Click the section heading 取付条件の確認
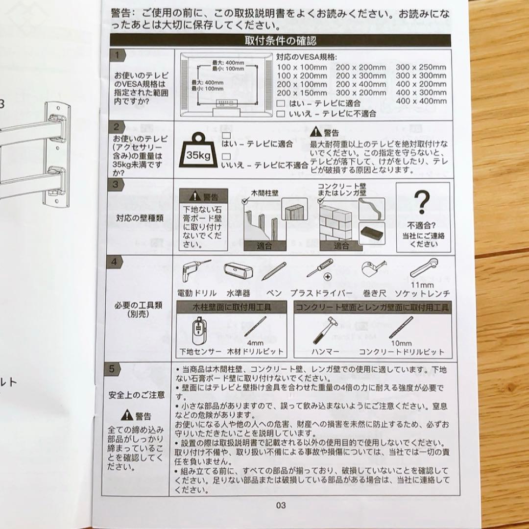point(280,41)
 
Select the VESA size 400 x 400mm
point(421,101)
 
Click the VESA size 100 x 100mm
point(301,67)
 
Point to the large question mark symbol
point(421,201)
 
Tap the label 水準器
point(238,293)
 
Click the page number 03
point(280,505)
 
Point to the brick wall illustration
point(338,222)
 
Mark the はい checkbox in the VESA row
point(280,103)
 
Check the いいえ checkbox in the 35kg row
point(226,156)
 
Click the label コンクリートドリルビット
point(402,351)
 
